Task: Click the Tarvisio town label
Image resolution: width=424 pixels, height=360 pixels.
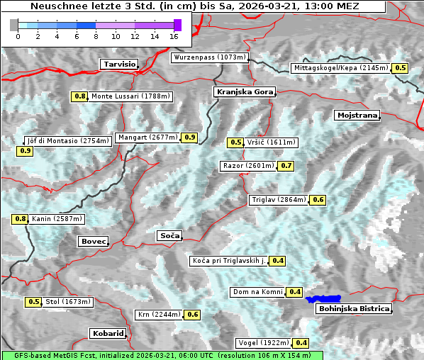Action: (119, 64)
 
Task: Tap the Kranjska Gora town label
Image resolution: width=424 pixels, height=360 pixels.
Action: (243, 92)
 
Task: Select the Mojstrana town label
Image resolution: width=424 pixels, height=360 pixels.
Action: (357, 115)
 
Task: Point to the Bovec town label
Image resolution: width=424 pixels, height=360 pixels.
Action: (93, 241)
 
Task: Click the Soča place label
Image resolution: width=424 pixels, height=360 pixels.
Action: (169, 235)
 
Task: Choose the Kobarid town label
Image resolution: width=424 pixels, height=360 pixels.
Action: (108, 333)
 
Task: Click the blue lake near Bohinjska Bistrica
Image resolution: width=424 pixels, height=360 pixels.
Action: (323, 299)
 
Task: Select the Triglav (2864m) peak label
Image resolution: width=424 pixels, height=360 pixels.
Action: (279, 200)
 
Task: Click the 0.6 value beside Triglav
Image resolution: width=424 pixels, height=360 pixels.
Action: (318, 200)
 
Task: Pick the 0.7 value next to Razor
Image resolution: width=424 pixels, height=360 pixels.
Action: (286, 166)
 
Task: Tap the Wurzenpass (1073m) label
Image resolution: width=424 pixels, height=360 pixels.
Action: (210, 57)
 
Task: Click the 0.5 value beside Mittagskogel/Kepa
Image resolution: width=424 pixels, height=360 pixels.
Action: (401, 68)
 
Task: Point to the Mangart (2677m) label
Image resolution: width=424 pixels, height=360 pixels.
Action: (147, 137)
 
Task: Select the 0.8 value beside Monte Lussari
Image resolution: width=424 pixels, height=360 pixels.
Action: (79, 96)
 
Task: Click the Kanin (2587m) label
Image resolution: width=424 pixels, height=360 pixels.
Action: (57, 219)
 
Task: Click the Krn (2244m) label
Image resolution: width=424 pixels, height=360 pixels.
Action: (159, 314)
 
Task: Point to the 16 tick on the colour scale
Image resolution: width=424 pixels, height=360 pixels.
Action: (174, 35)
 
